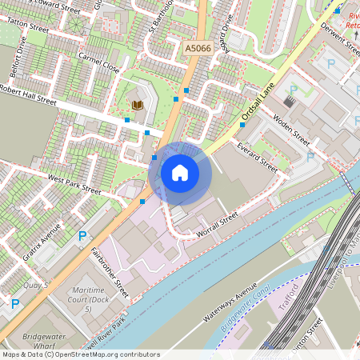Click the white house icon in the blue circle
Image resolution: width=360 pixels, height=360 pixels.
coord(180,171)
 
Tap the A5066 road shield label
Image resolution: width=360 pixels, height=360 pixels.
coord(199,49)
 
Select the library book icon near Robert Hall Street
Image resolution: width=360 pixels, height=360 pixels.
coord(137,105)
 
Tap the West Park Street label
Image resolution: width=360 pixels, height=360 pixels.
coord(74,184)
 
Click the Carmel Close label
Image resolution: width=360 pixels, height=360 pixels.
coord(99,64)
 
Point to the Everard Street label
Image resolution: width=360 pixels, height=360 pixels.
coord(257,157)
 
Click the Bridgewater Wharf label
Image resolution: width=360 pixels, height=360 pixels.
coord(44,338)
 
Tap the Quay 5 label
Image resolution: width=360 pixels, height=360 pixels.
coord(36,284)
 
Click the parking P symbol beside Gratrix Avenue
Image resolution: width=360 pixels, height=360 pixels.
coord(82,236)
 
